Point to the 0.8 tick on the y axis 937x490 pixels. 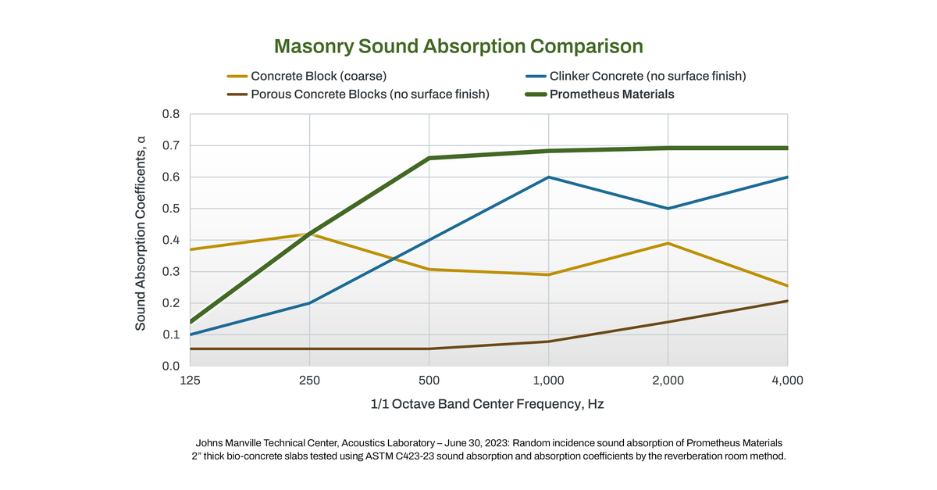click(x=170, y=114)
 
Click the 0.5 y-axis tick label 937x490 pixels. click(x=170, y=209)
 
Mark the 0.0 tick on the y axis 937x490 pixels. click(x=170, y=366)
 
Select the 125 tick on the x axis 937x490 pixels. click(x=191, y=381)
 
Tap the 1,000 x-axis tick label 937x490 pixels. click(x=548, y=381)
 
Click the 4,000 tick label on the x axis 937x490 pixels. click(x=786, y=381)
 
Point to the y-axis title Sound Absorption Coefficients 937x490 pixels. click(x=141, y=233)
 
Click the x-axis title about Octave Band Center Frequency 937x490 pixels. click(x=488, y=405)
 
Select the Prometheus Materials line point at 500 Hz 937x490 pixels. click(x=429, y=158)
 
